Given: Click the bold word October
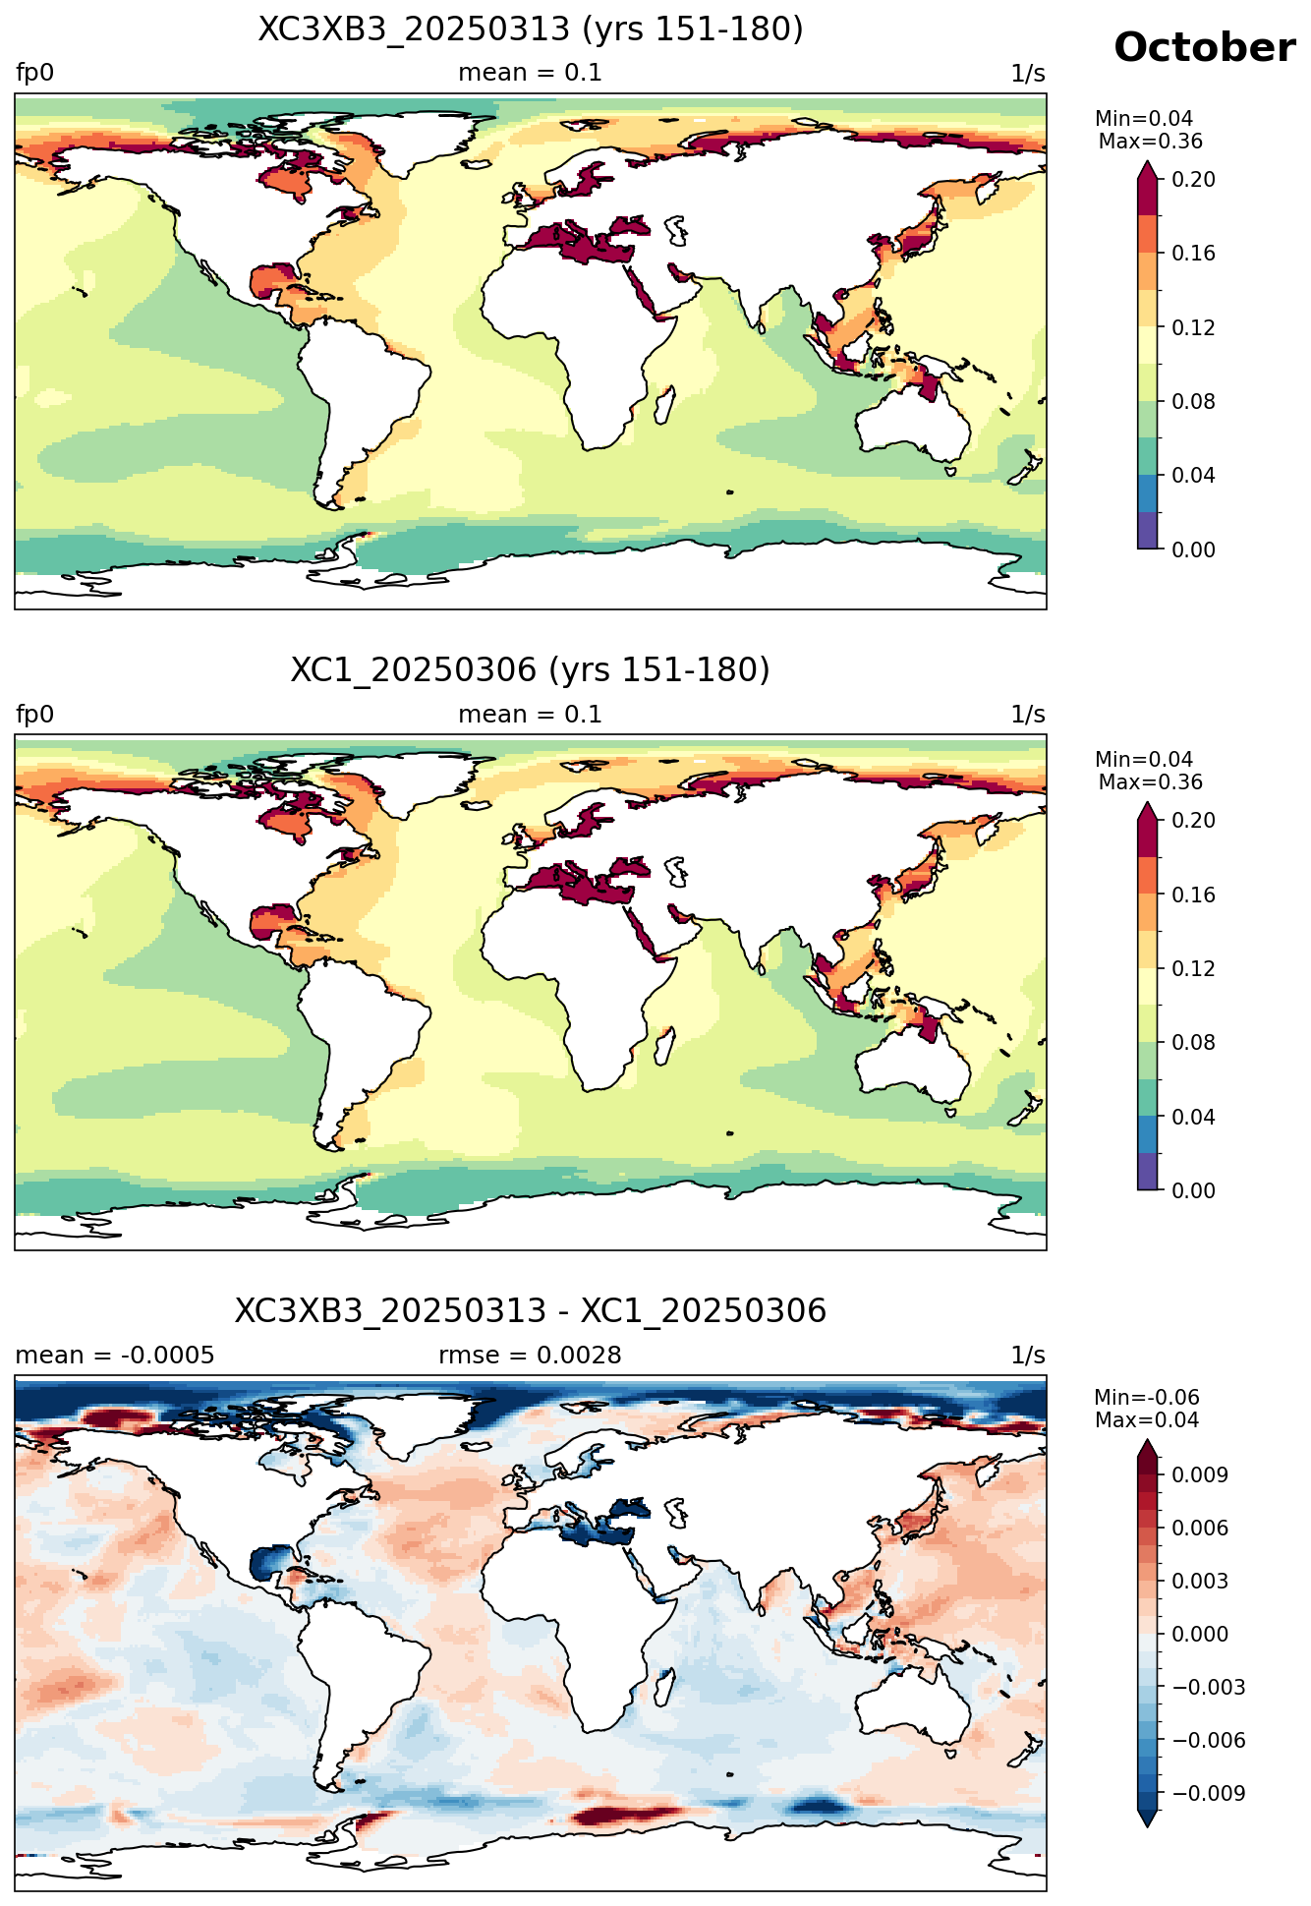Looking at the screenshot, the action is tap(1204, 48).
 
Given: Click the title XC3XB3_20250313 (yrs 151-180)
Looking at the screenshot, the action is tap(531, 29).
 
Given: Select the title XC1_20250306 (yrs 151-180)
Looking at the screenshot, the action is tap(531, 670).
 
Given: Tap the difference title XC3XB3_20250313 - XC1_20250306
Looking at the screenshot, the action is tap(531, 1311).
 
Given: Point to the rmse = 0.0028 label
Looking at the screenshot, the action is tap(530, 1356).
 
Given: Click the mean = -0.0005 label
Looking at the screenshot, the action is tap(115, 1356).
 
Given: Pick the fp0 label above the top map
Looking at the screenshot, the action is tap(34, 74).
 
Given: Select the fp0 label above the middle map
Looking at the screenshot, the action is tap(34, 715).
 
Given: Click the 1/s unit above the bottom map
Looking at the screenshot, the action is tap(1028, 1356).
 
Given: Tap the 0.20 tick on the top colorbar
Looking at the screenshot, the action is tap(1193, 179).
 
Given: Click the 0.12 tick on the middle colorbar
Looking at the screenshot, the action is tap(1193, 969).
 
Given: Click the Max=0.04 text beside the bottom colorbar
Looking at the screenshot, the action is tap(1147, 1420).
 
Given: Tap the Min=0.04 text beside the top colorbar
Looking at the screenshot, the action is tap(1144, 119).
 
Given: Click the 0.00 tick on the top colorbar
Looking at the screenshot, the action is tap(1193, 549).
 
